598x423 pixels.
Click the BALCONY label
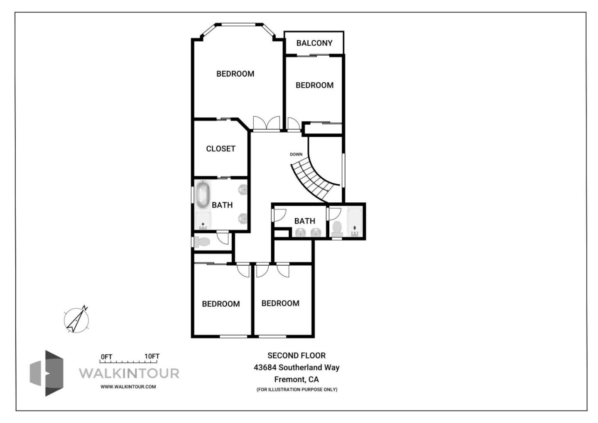(x=314, y=43)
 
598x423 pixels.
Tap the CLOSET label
(x=221, y=149)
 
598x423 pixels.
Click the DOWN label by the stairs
(x=296, y=155)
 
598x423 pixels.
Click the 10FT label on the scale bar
(x=152, y=357)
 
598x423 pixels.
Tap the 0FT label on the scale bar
(x=106, y=357)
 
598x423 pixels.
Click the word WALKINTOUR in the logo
(x=129, y=373)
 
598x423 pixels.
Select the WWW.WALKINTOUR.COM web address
(x=128, y=386)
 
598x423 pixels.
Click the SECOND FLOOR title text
(x=297, y=356)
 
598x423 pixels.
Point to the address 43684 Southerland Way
(x=297, y=367)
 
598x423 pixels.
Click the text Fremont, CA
(x=297, y=379)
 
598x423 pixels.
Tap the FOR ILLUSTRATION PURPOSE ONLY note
(x=297, y=390)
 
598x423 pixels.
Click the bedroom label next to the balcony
(x=314, y=85)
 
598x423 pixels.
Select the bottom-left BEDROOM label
(x=221, y=304)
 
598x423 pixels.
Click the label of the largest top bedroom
(x=235, y=74)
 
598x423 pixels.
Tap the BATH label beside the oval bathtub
(x=222, y=205)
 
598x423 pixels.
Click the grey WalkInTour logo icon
(x=47, y=373)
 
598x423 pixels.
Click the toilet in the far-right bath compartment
(x=336, y=229)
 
